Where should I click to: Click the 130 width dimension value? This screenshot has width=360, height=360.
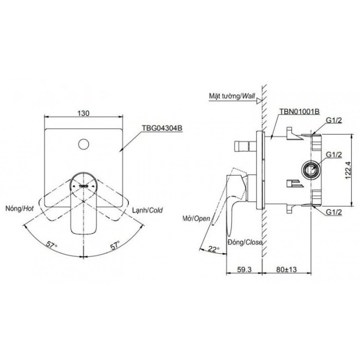coord(83,113)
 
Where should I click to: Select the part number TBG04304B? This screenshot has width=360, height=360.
coord(162,128)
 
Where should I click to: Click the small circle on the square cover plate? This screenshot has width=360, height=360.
coord(83,144)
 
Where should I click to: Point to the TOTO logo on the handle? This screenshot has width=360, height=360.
coord(83,186)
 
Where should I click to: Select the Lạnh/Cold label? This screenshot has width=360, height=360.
coord(147,210)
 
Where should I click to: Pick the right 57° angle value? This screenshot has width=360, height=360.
coord(115,245)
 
